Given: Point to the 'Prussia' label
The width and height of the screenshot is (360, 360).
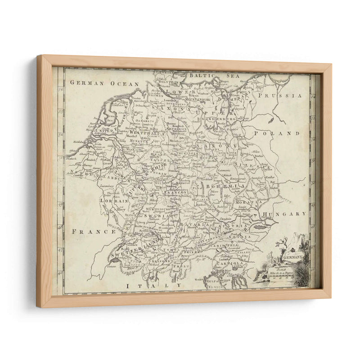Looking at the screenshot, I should coord(283,95).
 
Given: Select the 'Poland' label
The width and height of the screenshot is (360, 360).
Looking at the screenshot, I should coord(283,133).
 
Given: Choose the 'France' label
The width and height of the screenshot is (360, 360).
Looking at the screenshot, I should coord(87,231).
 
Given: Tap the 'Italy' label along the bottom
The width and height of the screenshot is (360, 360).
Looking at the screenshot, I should coord(153,285).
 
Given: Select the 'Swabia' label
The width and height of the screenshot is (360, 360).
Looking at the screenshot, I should coord(156,216).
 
